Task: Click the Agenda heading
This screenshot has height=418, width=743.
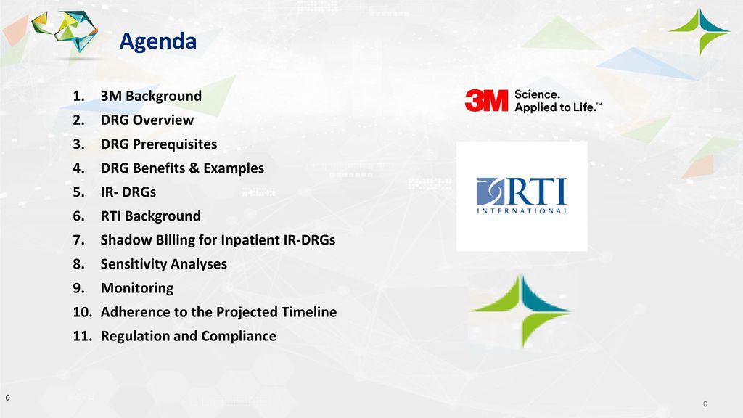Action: [157, 41]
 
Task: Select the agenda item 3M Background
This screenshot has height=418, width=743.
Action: [151, 96]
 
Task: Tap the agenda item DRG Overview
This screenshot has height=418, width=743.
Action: [147, 120]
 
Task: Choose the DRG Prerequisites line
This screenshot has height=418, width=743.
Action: [159, 144]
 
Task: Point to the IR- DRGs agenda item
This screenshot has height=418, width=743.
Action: [128, 192]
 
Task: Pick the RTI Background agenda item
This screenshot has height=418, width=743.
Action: [151, 216]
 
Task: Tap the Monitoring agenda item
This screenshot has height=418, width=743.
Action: [137, 288]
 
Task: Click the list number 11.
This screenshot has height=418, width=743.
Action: [83, 336]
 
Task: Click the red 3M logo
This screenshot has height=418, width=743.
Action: [486, 100]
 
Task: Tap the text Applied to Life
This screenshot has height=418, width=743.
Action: [558, 107]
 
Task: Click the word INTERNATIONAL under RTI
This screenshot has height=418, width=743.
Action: [522, 211]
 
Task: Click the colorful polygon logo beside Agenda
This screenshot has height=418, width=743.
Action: [65, 30]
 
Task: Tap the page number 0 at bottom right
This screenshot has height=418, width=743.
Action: [705, 403]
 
